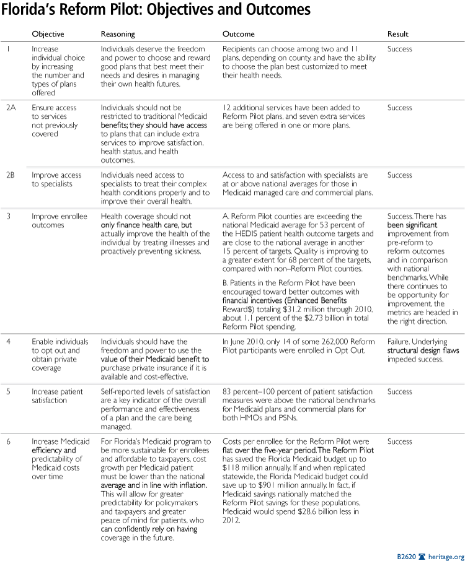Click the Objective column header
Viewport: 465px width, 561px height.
pos(48,33)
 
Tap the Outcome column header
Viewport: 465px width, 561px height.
pos(238,33)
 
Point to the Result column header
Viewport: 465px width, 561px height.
pos(398,33)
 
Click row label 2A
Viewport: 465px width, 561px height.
pos(11,108)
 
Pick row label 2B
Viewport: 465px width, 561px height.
pos(11,175)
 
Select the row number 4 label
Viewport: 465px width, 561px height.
pos(9,342)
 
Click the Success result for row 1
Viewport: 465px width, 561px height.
pos(400,49)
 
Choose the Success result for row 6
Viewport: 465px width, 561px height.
pos(400,441)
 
